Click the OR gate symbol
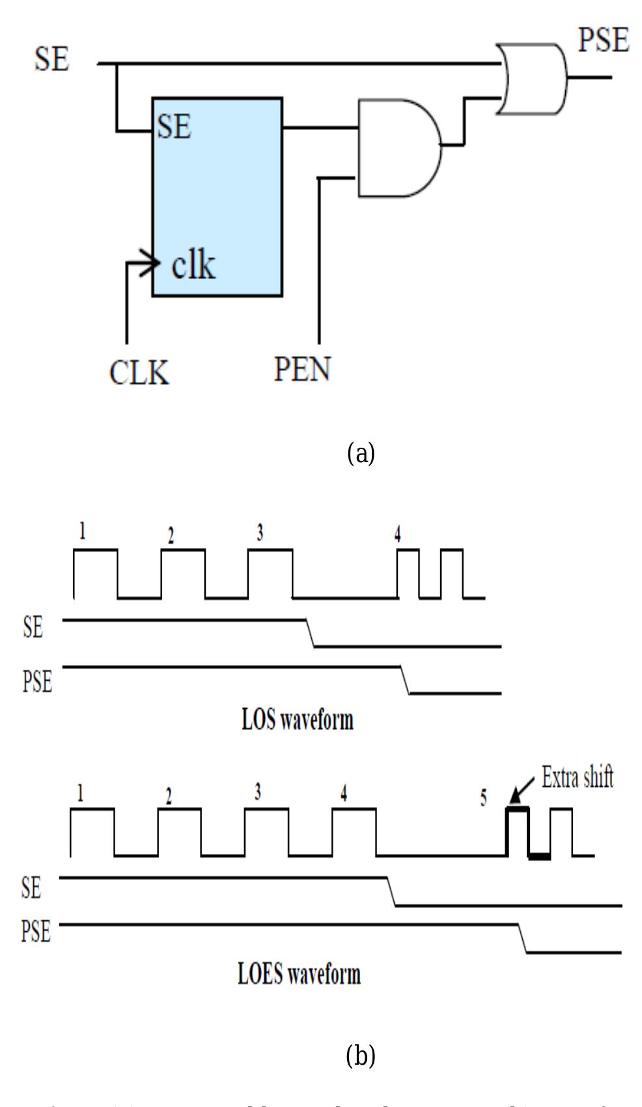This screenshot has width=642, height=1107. coord(531,79)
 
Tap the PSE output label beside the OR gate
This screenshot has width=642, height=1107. coord(603,42)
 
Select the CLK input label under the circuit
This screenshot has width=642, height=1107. coord(139,373)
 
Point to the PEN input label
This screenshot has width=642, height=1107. coord(301,369)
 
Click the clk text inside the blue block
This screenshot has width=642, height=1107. coord(193,265)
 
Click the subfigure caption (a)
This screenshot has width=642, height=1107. coord(361,452)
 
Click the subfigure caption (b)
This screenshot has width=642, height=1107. coord(361,1055)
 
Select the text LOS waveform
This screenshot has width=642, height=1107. coord(298,720)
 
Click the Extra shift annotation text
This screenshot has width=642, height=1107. coord(577,778)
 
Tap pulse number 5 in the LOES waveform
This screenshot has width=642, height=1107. coord(483,799)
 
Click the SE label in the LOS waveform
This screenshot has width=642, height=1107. coord(33,629)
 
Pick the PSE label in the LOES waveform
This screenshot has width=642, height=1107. coord(36,931)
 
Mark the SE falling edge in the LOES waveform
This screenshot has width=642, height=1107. coord(392,892)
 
